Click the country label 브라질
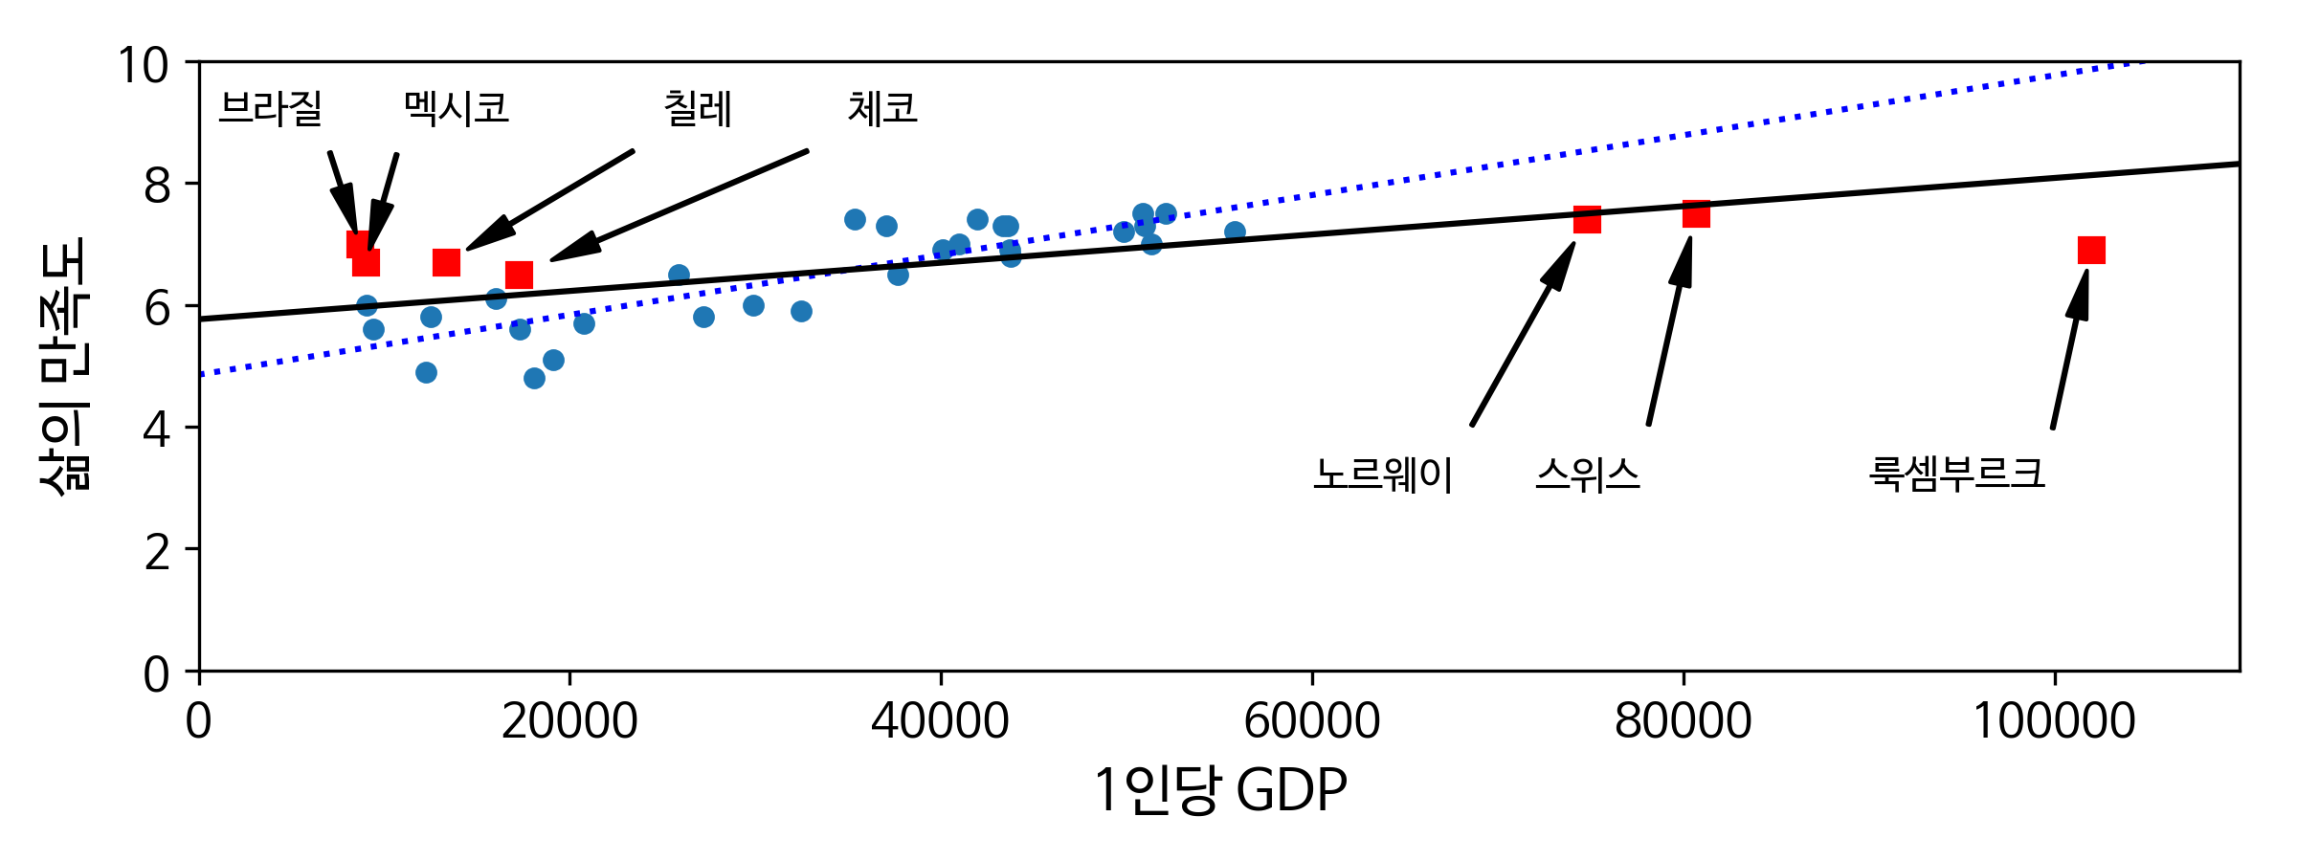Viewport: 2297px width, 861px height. (270, 108)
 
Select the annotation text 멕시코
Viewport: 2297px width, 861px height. (456, 108)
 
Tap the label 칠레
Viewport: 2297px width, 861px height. (698, 108)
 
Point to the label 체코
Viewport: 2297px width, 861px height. (881, 108)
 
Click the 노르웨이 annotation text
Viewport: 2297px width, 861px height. (1383, 475)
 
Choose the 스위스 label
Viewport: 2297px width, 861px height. (1588, 475)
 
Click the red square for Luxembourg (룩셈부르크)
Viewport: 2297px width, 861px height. (2091, 251)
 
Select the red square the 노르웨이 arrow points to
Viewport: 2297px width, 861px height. (1587, 220)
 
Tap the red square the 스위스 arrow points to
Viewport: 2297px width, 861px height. (1696, 214)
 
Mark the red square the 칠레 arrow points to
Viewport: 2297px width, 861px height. (446, 262)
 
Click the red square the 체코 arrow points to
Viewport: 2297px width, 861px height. (519, 276)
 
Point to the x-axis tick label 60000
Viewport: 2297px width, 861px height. (1311, 721)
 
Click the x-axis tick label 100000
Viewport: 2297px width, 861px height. (2054, 721)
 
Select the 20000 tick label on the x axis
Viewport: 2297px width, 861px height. (569, 721)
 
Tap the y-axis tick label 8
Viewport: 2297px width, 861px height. (157, 186)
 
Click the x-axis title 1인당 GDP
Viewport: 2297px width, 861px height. (1219, 791)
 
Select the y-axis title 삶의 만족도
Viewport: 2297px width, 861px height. (65, 365)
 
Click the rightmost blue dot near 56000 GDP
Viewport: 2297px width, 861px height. (1235, 232)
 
